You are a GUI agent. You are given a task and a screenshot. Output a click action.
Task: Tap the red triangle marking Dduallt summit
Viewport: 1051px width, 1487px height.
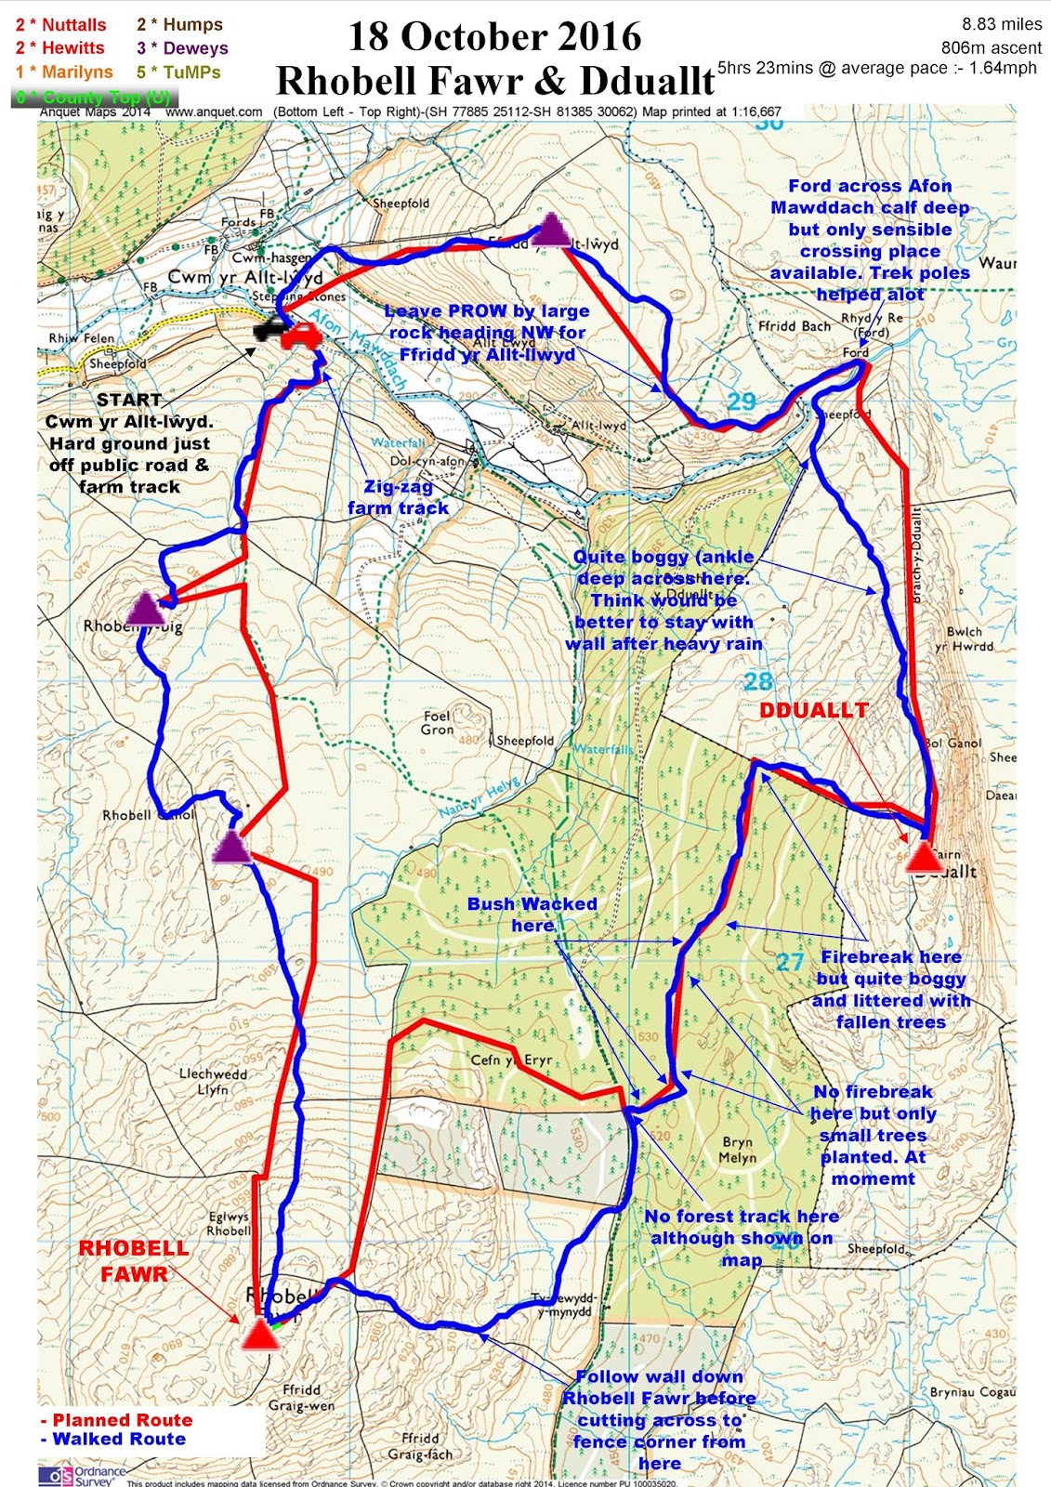pyautogui.click(x=924, y=855)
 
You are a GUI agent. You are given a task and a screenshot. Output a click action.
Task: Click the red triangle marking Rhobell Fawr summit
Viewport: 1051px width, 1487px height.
pyautogui.click(x=260, y=1335)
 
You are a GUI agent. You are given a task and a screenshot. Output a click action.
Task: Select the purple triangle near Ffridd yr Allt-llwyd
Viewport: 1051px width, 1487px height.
pyautogui.click(x=551, y=230)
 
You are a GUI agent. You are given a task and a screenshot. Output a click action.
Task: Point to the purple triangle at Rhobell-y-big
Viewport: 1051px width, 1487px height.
pyautogui.click(x=145, y=609)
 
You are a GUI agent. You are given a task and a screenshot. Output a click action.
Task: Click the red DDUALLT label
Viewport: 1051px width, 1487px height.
pyautogui.click(x=813, y=710)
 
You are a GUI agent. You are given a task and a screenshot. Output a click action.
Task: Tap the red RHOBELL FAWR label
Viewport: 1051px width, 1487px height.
pyautogui.click(x=134, y=1261)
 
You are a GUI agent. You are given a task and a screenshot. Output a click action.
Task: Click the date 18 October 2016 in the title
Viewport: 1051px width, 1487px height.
pyautogui.click(x=494, y=37)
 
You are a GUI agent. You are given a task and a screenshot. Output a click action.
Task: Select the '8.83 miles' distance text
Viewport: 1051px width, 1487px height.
pyautogui.click(x=1002, y=24)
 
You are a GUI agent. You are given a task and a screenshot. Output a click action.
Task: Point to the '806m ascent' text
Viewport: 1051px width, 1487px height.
pyautogui.click(x=991, y=47)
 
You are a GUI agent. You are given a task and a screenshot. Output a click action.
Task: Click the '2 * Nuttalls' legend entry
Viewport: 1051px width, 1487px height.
pyautogui.click(x=61, y=25)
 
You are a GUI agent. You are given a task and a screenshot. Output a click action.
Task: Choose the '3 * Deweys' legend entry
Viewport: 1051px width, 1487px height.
pyautogui.click(x=182, y=48)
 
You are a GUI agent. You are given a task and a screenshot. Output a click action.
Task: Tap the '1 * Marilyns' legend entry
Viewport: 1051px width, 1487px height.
pyautogui.click(x=64, y=72)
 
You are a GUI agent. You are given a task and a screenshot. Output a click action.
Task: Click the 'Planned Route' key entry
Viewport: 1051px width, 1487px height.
pyautogui.click(x=117, y=1420)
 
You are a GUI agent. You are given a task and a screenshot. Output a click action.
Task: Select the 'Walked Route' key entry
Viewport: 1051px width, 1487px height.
pyautogui.click(x=113, y=1439)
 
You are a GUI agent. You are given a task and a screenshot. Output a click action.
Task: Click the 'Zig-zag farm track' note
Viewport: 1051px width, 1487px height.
pyautogui.click(x=398, y=497)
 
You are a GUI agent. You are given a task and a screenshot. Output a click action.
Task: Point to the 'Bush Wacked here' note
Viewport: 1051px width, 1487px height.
pyautogui.click(x=532, y=915)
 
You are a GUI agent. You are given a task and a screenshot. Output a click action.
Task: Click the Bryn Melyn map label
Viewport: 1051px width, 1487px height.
pyautogui.click(x=737, y=1150)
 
